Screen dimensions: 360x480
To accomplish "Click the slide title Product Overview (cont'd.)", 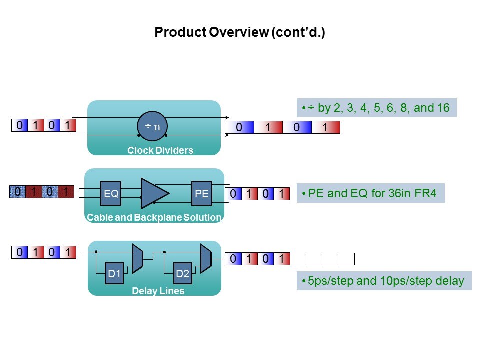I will [x=240, y=33].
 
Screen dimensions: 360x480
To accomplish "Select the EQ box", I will [x=111, y=193].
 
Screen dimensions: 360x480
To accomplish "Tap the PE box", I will [x=202, y=193].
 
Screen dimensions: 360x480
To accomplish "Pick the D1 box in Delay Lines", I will [x=115, y=273].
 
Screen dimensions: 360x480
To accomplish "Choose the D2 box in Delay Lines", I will [x=183, y=273].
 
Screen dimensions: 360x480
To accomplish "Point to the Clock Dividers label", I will [x=160, y=150].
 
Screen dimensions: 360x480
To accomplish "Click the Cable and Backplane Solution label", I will [x=154, y=217].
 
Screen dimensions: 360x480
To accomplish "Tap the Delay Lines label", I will [x=158, y=291].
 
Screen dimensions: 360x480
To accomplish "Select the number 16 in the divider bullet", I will [x=441, y=108].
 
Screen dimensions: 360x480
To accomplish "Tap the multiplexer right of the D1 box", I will [x=138, y=258].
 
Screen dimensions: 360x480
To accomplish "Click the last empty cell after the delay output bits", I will [x=346, y=259].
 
